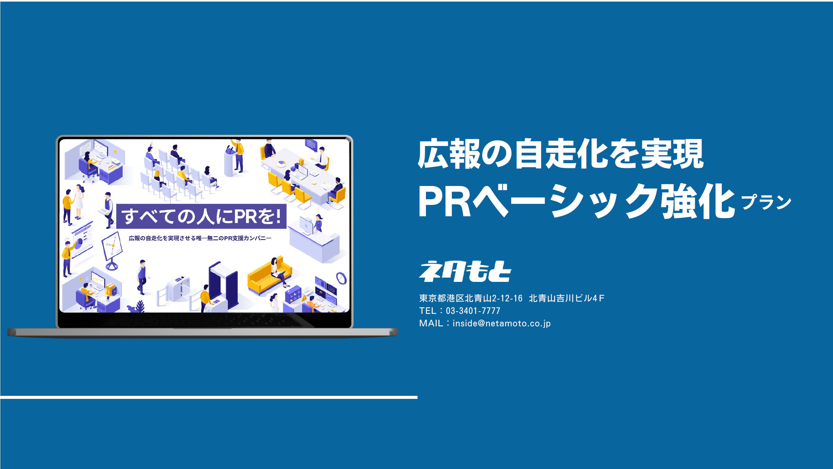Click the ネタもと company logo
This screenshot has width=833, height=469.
click(x=465, y=271)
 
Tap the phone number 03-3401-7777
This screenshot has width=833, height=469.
click(x=473, y=311)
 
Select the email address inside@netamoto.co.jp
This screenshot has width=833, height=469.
click(x=501, y=323)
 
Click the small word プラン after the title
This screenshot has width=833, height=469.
click(x=766, y=202)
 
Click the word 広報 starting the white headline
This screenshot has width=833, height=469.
click(x=449, y=154)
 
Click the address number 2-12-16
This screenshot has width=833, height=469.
click(x=507, y=298)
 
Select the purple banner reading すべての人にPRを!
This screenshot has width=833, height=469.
click(x=202, y=216)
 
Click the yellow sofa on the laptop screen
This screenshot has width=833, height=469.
click(x=269, y=277)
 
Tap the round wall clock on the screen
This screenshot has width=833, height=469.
click(x=341, y=279)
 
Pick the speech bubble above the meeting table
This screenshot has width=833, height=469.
click(x=311, y=145)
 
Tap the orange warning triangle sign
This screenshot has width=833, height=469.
click(x=304, y=298)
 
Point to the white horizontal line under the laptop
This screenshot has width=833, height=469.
click(x=209, y=398)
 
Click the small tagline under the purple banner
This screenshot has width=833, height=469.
click(x=200, y=238)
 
